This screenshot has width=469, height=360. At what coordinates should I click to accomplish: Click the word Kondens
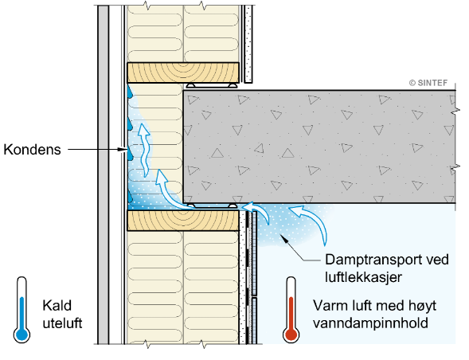(32, 149)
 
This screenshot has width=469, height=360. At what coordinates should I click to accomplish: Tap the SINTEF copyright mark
(428, 83)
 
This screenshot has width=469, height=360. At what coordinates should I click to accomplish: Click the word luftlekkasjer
(363, 277)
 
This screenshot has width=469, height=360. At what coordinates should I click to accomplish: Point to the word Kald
(57, 306)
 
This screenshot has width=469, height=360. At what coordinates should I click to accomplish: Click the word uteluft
(62, 323)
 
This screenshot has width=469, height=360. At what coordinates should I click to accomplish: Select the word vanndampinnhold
(370, 323)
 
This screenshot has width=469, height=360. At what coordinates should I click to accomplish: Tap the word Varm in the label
(329, 306)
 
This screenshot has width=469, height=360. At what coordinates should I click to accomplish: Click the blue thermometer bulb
(21, 335)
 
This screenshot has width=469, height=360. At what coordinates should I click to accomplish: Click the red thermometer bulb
(291, 335)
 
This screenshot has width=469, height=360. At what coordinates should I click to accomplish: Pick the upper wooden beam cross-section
(183, 72)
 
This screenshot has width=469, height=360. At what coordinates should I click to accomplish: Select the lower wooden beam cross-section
(183, 221)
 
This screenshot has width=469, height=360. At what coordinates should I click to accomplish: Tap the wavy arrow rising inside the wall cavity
(145, 150)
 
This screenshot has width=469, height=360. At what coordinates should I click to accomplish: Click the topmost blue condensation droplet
(129, 92)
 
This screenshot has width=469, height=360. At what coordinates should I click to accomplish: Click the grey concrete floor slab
(319, 147)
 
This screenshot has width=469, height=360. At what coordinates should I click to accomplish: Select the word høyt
(421, 306)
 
